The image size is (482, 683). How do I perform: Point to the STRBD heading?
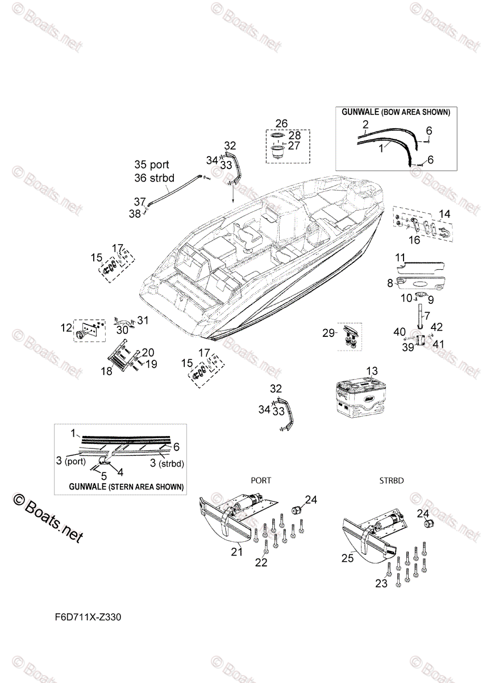(x=391, y=480)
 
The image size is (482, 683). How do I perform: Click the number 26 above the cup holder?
(x=281, y=124)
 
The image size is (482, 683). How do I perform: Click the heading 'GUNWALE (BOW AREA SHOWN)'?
(x=396, y=112)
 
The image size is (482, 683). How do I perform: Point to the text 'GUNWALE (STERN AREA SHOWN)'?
(x=126, y=487)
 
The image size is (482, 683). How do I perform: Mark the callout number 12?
(x=67, y=327)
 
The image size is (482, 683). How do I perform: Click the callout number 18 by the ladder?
(x=107, y=371)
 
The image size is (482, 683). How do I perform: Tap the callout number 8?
(x=390, y=282)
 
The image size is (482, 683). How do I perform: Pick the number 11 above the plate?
(x=400, y=257)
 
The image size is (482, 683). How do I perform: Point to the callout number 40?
(x=399, y=331)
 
